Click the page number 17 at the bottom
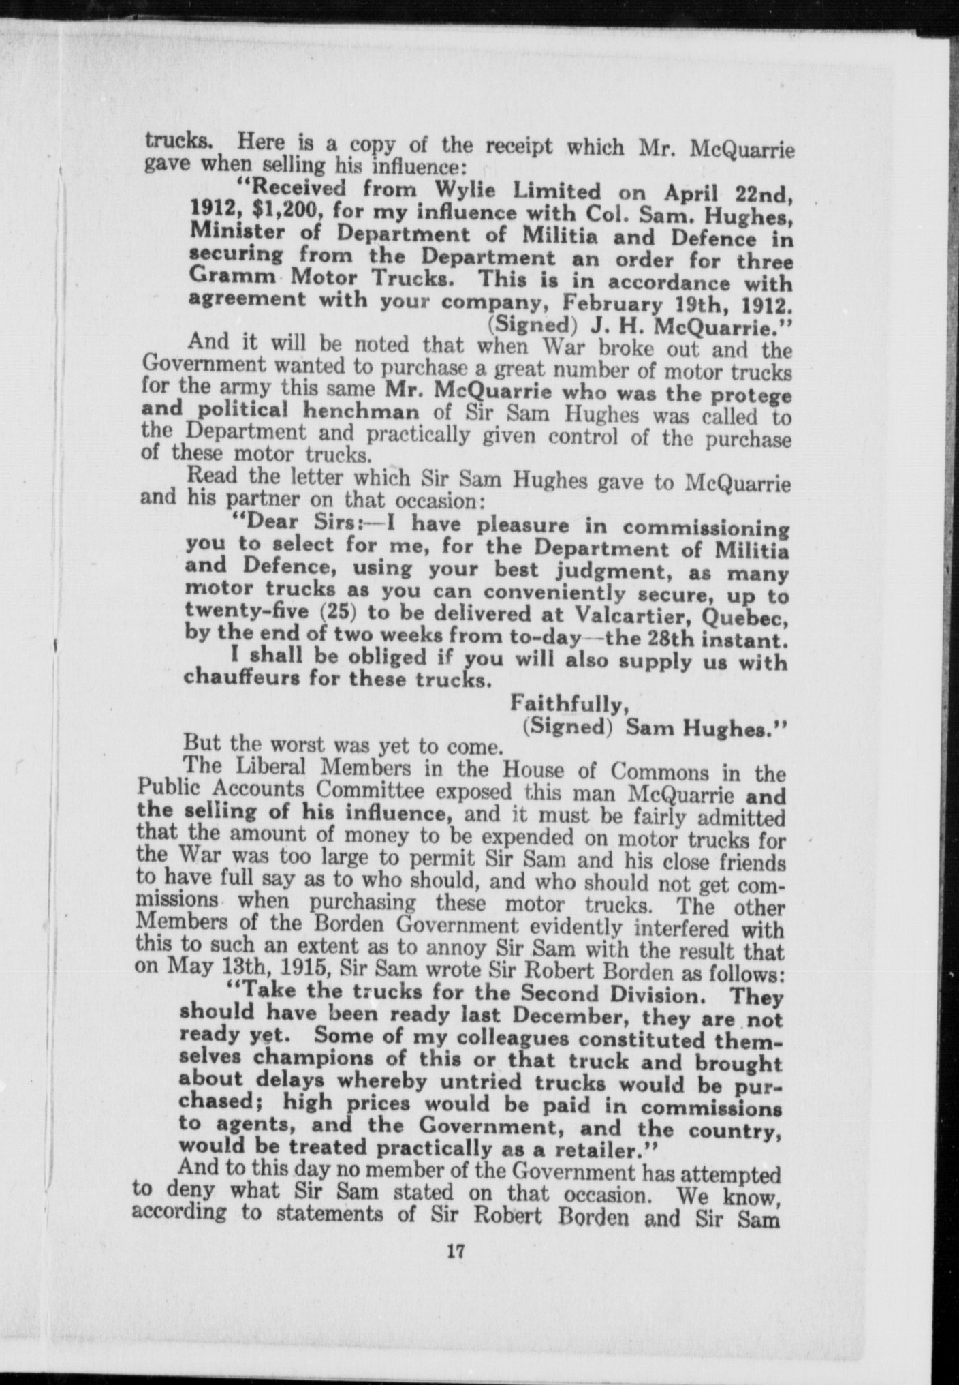point(456,1251)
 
